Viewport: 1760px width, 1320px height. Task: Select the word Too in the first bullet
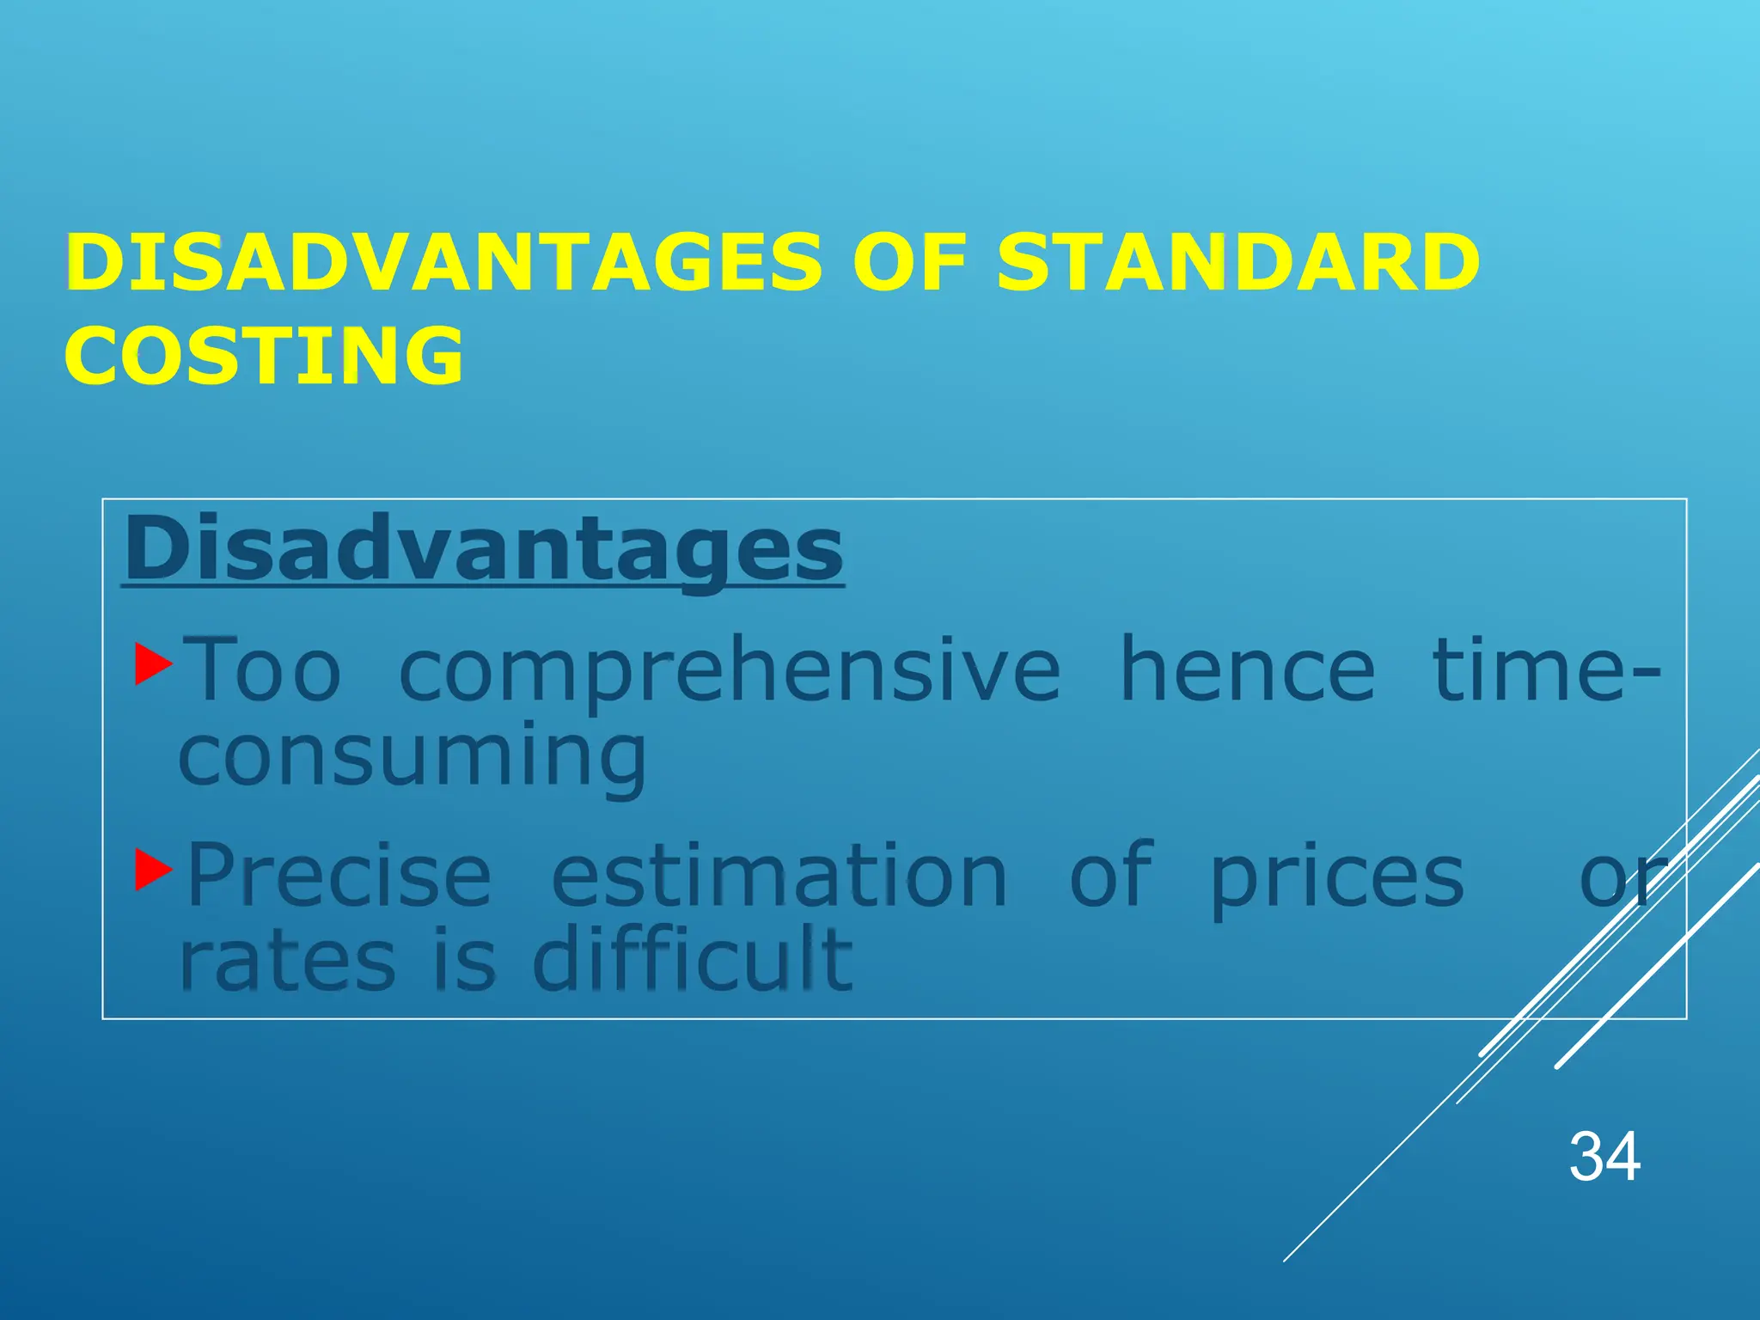265,670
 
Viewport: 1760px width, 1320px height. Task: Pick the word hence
1247,670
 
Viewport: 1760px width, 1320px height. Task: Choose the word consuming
412,756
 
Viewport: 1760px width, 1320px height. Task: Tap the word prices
1337,877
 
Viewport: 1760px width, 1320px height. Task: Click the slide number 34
1604,1157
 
